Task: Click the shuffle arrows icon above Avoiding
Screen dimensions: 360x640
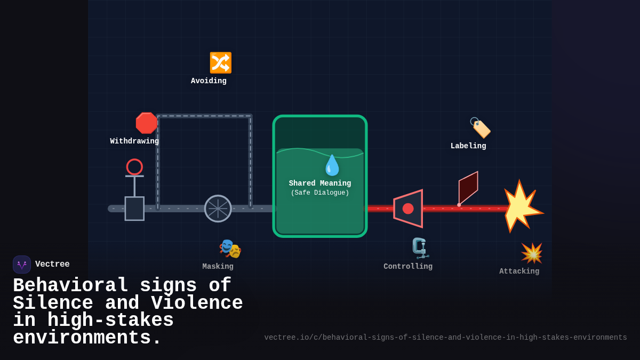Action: click(x=220, y=62)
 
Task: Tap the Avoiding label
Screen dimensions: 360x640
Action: click(x=209, y=81)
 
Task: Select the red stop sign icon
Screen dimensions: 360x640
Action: click(x=146, y=123)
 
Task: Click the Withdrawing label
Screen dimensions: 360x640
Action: click(x=134, y=141)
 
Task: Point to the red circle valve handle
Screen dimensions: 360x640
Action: click(x=134, y=167)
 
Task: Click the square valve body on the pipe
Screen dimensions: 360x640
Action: click(x=134, y=209)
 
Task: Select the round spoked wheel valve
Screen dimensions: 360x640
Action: click(x=218, y=209)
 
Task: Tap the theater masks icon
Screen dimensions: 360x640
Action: click(x=230, y=249)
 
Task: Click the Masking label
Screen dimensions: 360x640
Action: click(x=218, y=267)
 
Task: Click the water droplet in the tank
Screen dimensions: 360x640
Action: click(x=332, y=165)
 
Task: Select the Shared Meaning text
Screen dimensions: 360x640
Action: click(x=320, y=183)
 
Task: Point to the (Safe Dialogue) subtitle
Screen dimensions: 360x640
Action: click(x=320, y=193)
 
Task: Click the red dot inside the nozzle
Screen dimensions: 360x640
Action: click(x=408, y=209)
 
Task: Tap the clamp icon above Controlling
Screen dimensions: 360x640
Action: click(x=420, y=248)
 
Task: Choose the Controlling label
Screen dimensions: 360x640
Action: click(x=408, y=267)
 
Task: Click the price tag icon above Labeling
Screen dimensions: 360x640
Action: click(x=480, y=128)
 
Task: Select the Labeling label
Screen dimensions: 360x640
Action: click(x=468, y=146)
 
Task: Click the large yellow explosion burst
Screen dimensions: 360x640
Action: click(x=521, y=207)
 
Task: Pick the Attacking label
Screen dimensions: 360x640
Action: click(x=519, y=271)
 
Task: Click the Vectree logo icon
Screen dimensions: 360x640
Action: click(x=22, y=265)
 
